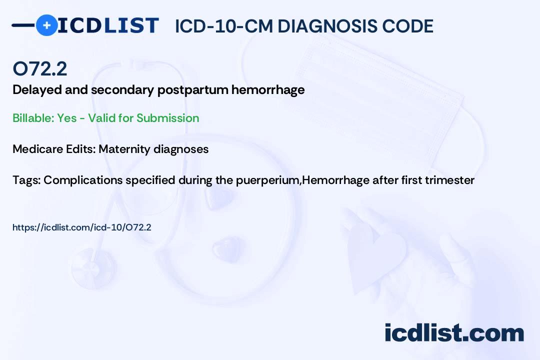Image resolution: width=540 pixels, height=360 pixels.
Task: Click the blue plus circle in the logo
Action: (46, 25)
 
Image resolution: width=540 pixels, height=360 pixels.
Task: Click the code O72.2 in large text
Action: (39, 69)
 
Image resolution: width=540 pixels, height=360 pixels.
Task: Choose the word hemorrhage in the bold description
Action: (268, 90)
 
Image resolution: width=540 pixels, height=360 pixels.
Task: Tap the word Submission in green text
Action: (167, 118)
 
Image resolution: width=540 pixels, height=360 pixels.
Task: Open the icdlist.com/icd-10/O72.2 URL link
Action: (82, 227)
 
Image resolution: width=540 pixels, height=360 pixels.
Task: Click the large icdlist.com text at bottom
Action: (454, 333)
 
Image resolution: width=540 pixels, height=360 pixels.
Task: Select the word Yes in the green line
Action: (67, 118)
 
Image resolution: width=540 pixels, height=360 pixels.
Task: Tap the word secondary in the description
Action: (122, 90)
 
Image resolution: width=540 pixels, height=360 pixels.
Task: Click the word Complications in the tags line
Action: (83, 180)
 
